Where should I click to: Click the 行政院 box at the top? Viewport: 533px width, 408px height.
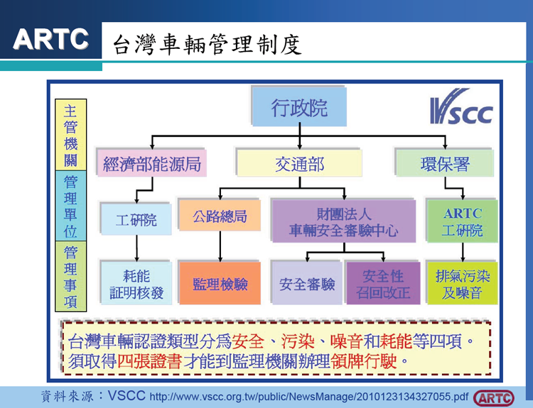point(299,109)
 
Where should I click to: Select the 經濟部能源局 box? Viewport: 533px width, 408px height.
point(152,165)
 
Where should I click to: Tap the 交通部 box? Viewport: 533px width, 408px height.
point(299,165)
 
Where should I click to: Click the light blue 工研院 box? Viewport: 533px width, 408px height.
point(136,220)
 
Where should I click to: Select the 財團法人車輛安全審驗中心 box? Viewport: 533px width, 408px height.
point(343,222)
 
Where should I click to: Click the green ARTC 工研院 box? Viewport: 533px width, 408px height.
point(463,222)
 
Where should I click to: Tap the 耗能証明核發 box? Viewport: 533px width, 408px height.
point(136,284)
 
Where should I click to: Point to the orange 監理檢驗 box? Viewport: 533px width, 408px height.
point(220,284)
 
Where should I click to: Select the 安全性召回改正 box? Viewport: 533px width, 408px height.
point(383,284)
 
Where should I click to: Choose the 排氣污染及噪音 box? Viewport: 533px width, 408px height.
point(463,284)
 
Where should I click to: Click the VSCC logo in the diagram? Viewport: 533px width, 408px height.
point(461,111)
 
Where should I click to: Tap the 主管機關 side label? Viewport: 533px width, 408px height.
point(70,135)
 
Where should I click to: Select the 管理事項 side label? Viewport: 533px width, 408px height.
point(70,277)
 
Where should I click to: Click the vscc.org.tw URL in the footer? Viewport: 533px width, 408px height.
point(309,396)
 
